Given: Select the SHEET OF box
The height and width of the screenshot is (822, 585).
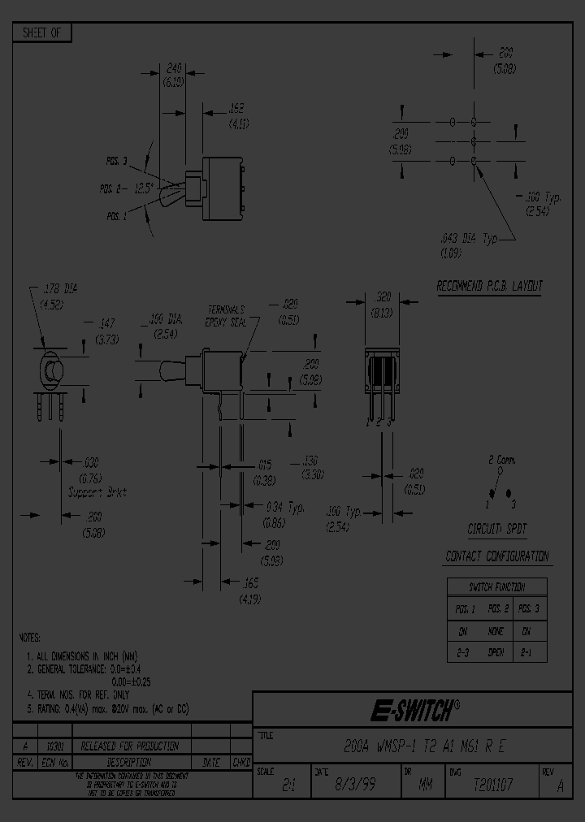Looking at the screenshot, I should pyautogui.click(x=42, y=33).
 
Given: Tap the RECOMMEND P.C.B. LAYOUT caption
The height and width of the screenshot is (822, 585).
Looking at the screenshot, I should pyautogui.click(x=489, y=286).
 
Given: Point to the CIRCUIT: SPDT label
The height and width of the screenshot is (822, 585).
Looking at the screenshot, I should pyautogui.click(x=497, y=529).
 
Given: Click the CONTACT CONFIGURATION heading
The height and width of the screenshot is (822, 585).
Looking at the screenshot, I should pyautogui.click(x=497, y=556).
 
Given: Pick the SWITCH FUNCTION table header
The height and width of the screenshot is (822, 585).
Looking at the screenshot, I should pyautogui.click(x=497, y=586).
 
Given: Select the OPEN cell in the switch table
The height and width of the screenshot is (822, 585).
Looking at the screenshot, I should pyautogui.click(x=496, y=651).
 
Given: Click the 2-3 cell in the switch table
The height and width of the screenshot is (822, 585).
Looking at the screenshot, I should pyautogui.click(x=463, y=651).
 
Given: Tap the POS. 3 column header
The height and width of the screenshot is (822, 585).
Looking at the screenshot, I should pyautogui.click(x=529, y=608).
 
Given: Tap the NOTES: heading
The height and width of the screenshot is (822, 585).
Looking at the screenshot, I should pyautogui.click(x=29, y=638).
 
